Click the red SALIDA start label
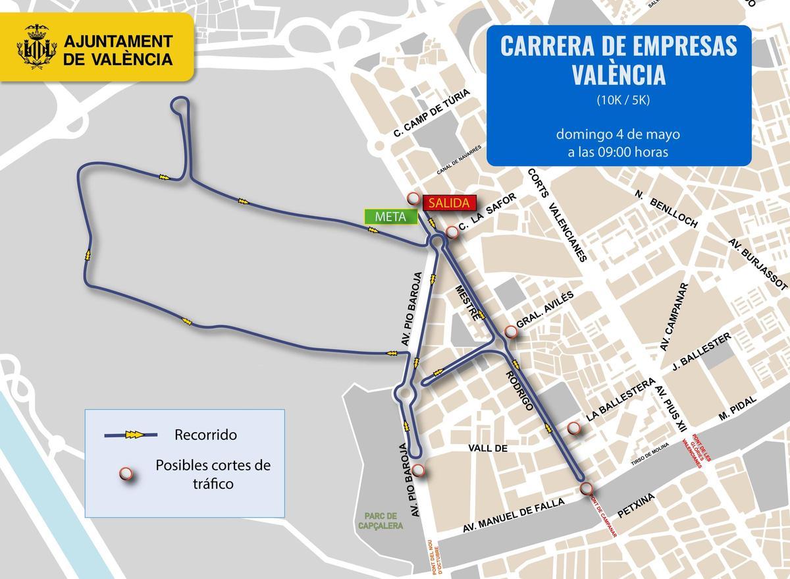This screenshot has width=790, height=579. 447,203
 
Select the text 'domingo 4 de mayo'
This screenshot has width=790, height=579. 618,134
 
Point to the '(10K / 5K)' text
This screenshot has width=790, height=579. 618,100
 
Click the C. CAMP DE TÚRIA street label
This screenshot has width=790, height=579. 431,114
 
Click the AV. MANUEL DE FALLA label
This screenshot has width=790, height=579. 514,515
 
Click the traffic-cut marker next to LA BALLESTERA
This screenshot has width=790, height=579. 574,429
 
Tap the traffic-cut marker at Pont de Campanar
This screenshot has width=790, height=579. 587,489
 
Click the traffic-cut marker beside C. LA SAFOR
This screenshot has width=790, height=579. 452,232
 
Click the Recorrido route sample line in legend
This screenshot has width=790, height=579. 132,435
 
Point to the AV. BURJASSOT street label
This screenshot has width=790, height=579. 758,264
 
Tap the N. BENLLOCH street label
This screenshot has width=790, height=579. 666,209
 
